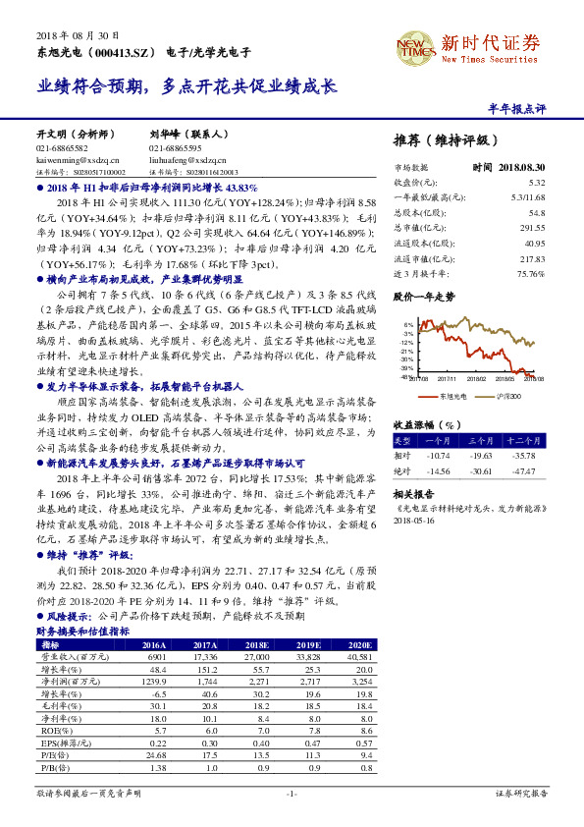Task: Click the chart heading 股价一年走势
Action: point(424,296)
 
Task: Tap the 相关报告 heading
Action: point(415,496)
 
